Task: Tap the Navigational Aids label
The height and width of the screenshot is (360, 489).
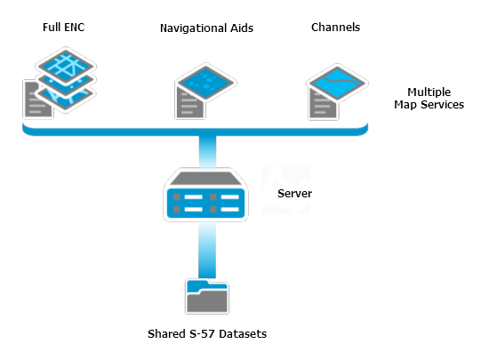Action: pyautogui.click(x=206, y=28)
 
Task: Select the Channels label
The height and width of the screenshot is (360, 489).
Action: pyautogui.click(x=335, y=28)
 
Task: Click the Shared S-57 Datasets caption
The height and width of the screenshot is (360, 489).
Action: pyautogui.click(x=206, y=334)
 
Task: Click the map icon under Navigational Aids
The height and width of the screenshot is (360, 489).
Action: pyautogui.click(x=205, y=84)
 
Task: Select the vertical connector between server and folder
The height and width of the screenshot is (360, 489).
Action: pyautogui.click(x=205, y=249)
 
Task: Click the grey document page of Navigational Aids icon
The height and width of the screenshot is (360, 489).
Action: pyautogui.click(x=188, y=105)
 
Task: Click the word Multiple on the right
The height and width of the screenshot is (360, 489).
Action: pyautogui.click(x=430, y=92)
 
